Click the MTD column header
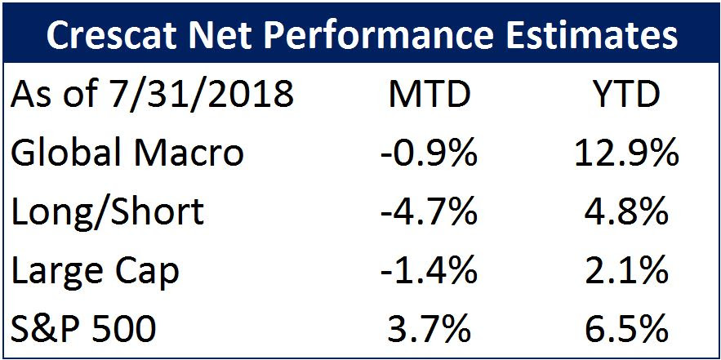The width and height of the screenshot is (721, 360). click(x=429, y=94)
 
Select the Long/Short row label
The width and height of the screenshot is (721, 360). click(x=107, y=211)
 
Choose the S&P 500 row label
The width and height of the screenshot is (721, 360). click(x=83, y=330)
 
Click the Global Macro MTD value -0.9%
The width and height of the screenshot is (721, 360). click(x=429, y=153)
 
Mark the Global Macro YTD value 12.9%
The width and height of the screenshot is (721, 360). click(x=627, y=153)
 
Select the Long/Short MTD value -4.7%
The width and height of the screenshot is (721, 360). click(x=429, y=212)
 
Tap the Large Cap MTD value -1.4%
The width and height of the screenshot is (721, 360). click(x=429, y=271)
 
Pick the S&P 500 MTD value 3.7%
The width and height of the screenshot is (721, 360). click(x=429, y=330)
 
